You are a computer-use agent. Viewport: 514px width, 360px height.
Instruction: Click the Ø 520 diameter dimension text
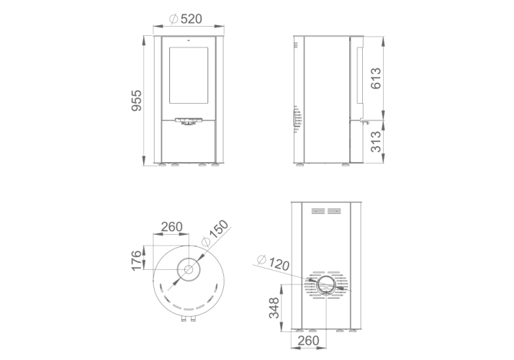point(186,19)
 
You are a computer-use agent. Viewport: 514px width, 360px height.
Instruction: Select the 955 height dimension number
point(136,100)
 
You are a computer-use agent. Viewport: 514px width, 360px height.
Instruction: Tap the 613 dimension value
point(376,78)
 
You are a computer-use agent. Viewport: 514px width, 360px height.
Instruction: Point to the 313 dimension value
point(376,142)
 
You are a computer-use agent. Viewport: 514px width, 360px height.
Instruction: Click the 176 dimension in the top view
point(136,261)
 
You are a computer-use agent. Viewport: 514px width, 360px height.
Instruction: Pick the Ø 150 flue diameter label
point(215,233)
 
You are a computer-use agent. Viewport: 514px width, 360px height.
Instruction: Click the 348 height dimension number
point(274,308)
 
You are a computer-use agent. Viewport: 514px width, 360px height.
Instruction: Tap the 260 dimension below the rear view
point(308,341)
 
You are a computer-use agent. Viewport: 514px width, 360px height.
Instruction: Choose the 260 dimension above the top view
point(172,227)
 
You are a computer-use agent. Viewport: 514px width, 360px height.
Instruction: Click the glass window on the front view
point(189,75)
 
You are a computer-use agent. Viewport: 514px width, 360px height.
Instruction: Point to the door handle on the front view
point(189,122)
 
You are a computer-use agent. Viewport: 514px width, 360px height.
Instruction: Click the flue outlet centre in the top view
point(189,270)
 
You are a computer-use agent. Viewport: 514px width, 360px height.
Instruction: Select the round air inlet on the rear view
point(326,285)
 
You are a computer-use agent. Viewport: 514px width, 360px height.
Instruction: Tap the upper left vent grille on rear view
point(318,211)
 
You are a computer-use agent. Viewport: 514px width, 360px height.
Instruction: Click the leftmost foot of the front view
point(162,165)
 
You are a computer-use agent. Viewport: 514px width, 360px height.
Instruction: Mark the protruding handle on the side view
point(365,122)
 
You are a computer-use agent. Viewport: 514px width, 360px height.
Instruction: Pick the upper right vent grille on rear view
point(334,211)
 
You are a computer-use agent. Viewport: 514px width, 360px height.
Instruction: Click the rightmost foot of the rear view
point(353,330)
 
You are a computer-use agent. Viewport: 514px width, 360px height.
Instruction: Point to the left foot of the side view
point(300,165)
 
